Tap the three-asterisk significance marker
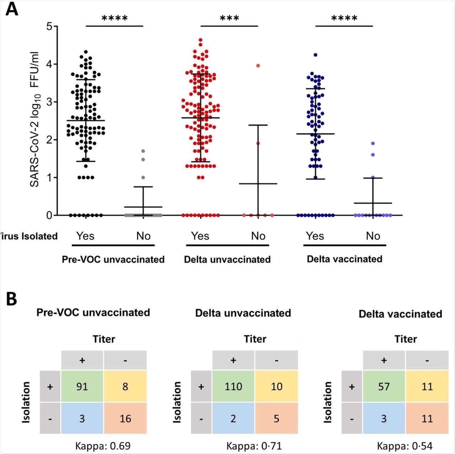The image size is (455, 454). tap(229, 19)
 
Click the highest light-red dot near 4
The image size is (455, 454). tap(258, 66)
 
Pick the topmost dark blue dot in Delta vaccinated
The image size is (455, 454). tap(315, 55)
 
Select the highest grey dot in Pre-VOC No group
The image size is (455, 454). tap(143, 151)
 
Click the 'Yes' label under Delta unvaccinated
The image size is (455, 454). tap(200, 236)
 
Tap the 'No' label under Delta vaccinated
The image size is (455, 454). tap(373, 236)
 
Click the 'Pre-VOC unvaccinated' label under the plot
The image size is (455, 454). tap(113, 260)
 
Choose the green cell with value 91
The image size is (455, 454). tap(82, 386)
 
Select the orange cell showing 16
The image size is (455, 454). tap(125, 418)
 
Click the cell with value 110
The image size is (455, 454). tap(233, 386)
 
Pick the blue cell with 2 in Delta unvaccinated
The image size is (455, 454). tap(233, 418)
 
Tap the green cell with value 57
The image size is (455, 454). tap(384, 386)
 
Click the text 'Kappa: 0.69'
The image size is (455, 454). tap(103, 445)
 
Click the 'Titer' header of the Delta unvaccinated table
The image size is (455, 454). tap(255, 339)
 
